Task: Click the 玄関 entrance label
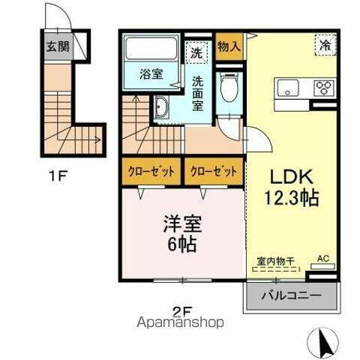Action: click(59, 45)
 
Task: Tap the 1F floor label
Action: click(58, 178)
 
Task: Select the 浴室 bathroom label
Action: click(151, 73)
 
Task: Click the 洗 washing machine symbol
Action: click(196, 53)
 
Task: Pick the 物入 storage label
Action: click(229, 46)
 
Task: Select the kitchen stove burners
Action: click(324, 88)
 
